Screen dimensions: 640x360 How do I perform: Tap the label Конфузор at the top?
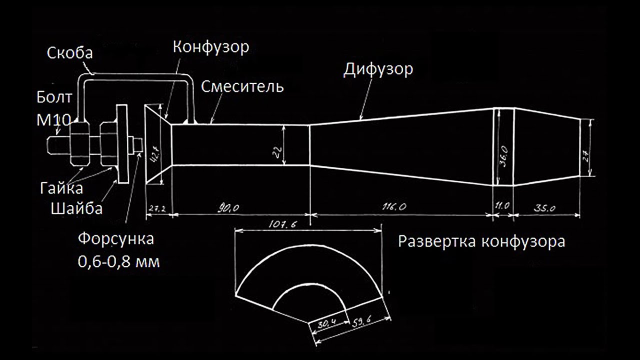pos(210,47)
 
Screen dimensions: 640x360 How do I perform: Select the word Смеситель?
pos(242,86)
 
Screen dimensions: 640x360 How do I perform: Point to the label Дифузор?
pos(378,69)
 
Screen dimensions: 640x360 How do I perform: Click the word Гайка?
pos(61,188)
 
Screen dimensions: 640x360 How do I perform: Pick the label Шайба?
pos(76,207)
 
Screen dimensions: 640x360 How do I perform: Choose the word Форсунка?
pos(115,238)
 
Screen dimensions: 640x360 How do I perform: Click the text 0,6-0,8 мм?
pos(118,260)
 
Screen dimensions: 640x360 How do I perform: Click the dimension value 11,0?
pos(502,205)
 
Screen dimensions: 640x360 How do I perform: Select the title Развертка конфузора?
pos(481,242)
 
